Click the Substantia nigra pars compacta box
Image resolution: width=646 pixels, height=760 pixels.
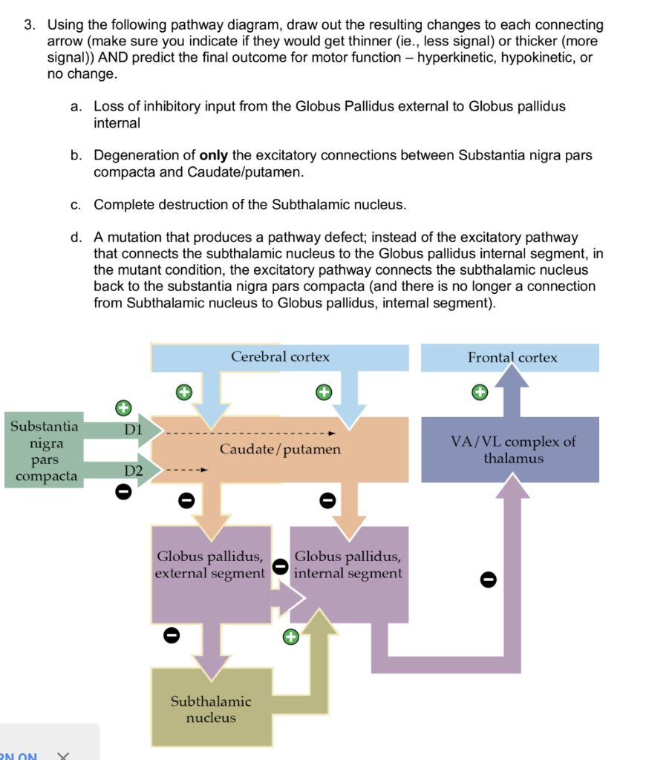tap(44, 451)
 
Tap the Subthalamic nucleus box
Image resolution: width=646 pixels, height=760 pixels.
tap(211, 709)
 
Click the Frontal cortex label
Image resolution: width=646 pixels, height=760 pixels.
tap(512, 358)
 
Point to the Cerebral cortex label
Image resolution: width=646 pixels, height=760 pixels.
tap(280, 357)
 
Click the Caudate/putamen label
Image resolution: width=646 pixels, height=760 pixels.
tap(280, 449)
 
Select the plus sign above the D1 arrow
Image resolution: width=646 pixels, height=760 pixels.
tap(123, 407)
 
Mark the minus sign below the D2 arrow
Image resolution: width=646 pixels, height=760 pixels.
tap(123, 491)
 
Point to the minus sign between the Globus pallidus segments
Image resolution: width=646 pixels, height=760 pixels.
tap(280, 566)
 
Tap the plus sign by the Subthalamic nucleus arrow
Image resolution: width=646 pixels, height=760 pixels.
tap(290, 636)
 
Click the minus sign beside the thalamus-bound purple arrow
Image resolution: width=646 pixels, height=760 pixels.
tap(487, 578)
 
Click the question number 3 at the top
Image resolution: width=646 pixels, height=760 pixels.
tap(28, 25)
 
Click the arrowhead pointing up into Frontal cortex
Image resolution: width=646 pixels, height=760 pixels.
tap(512, 378)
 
